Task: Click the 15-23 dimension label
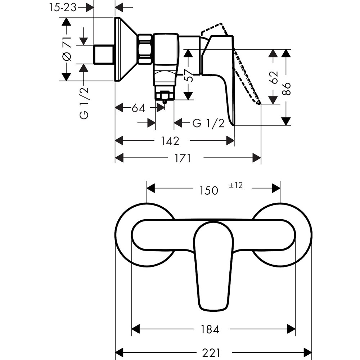coord(63,8)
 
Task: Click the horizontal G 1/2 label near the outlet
coord(208,123)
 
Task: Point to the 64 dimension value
coord(138,108)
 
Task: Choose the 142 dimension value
coord(170,141)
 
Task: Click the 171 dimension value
coord(183,158)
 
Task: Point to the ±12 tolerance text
coord(236,185)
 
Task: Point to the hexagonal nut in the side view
coord(145,49)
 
